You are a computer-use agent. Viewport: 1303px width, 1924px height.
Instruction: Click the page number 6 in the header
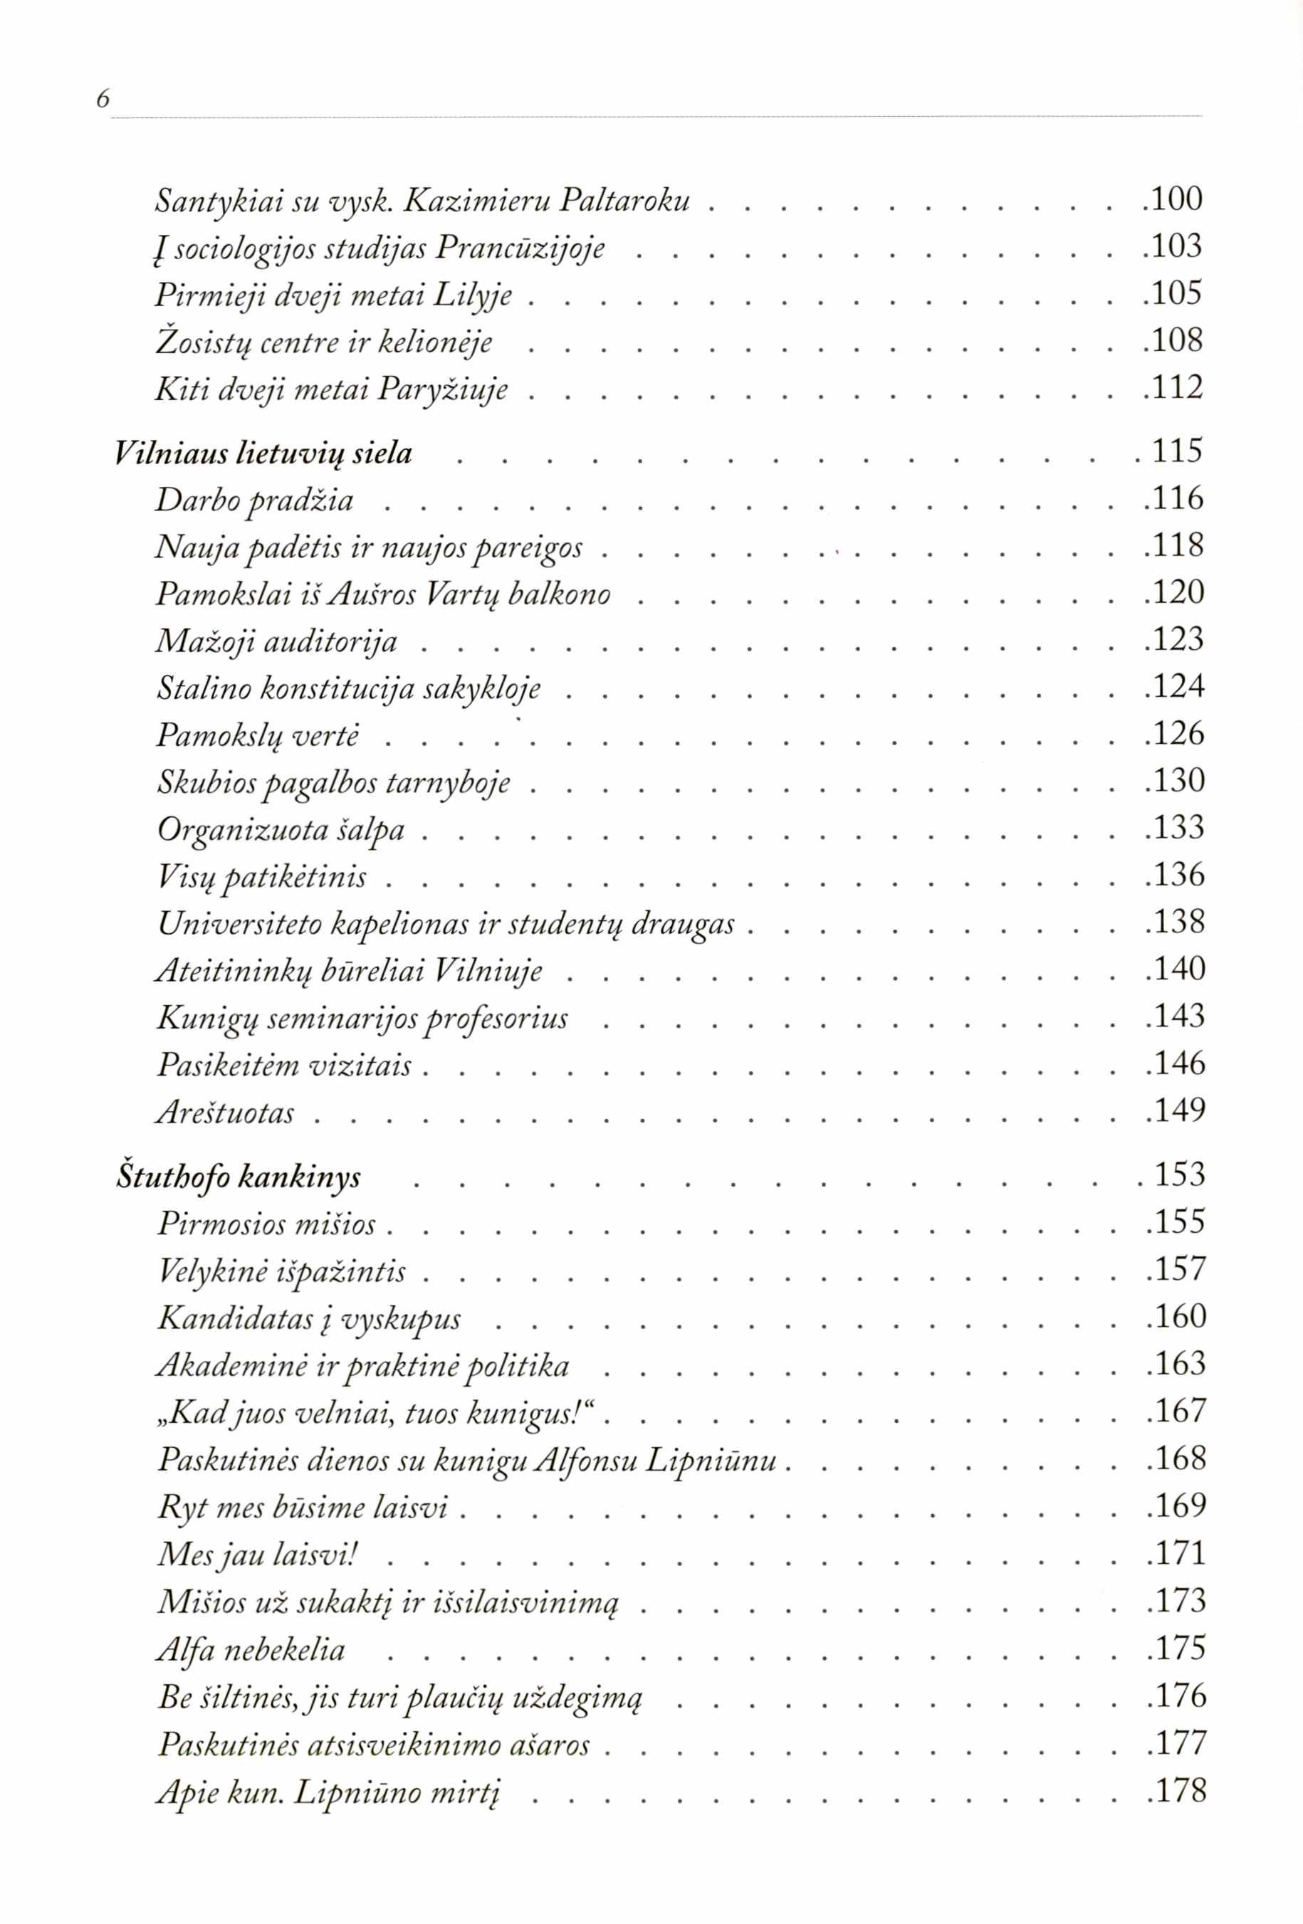coord(103,100)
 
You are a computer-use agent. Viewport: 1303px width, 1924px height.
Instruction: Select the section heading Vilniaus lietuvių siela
coord(263,453)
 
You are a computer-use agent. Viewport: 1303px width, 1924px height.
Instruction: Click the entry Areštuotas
coord(225,1113)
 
